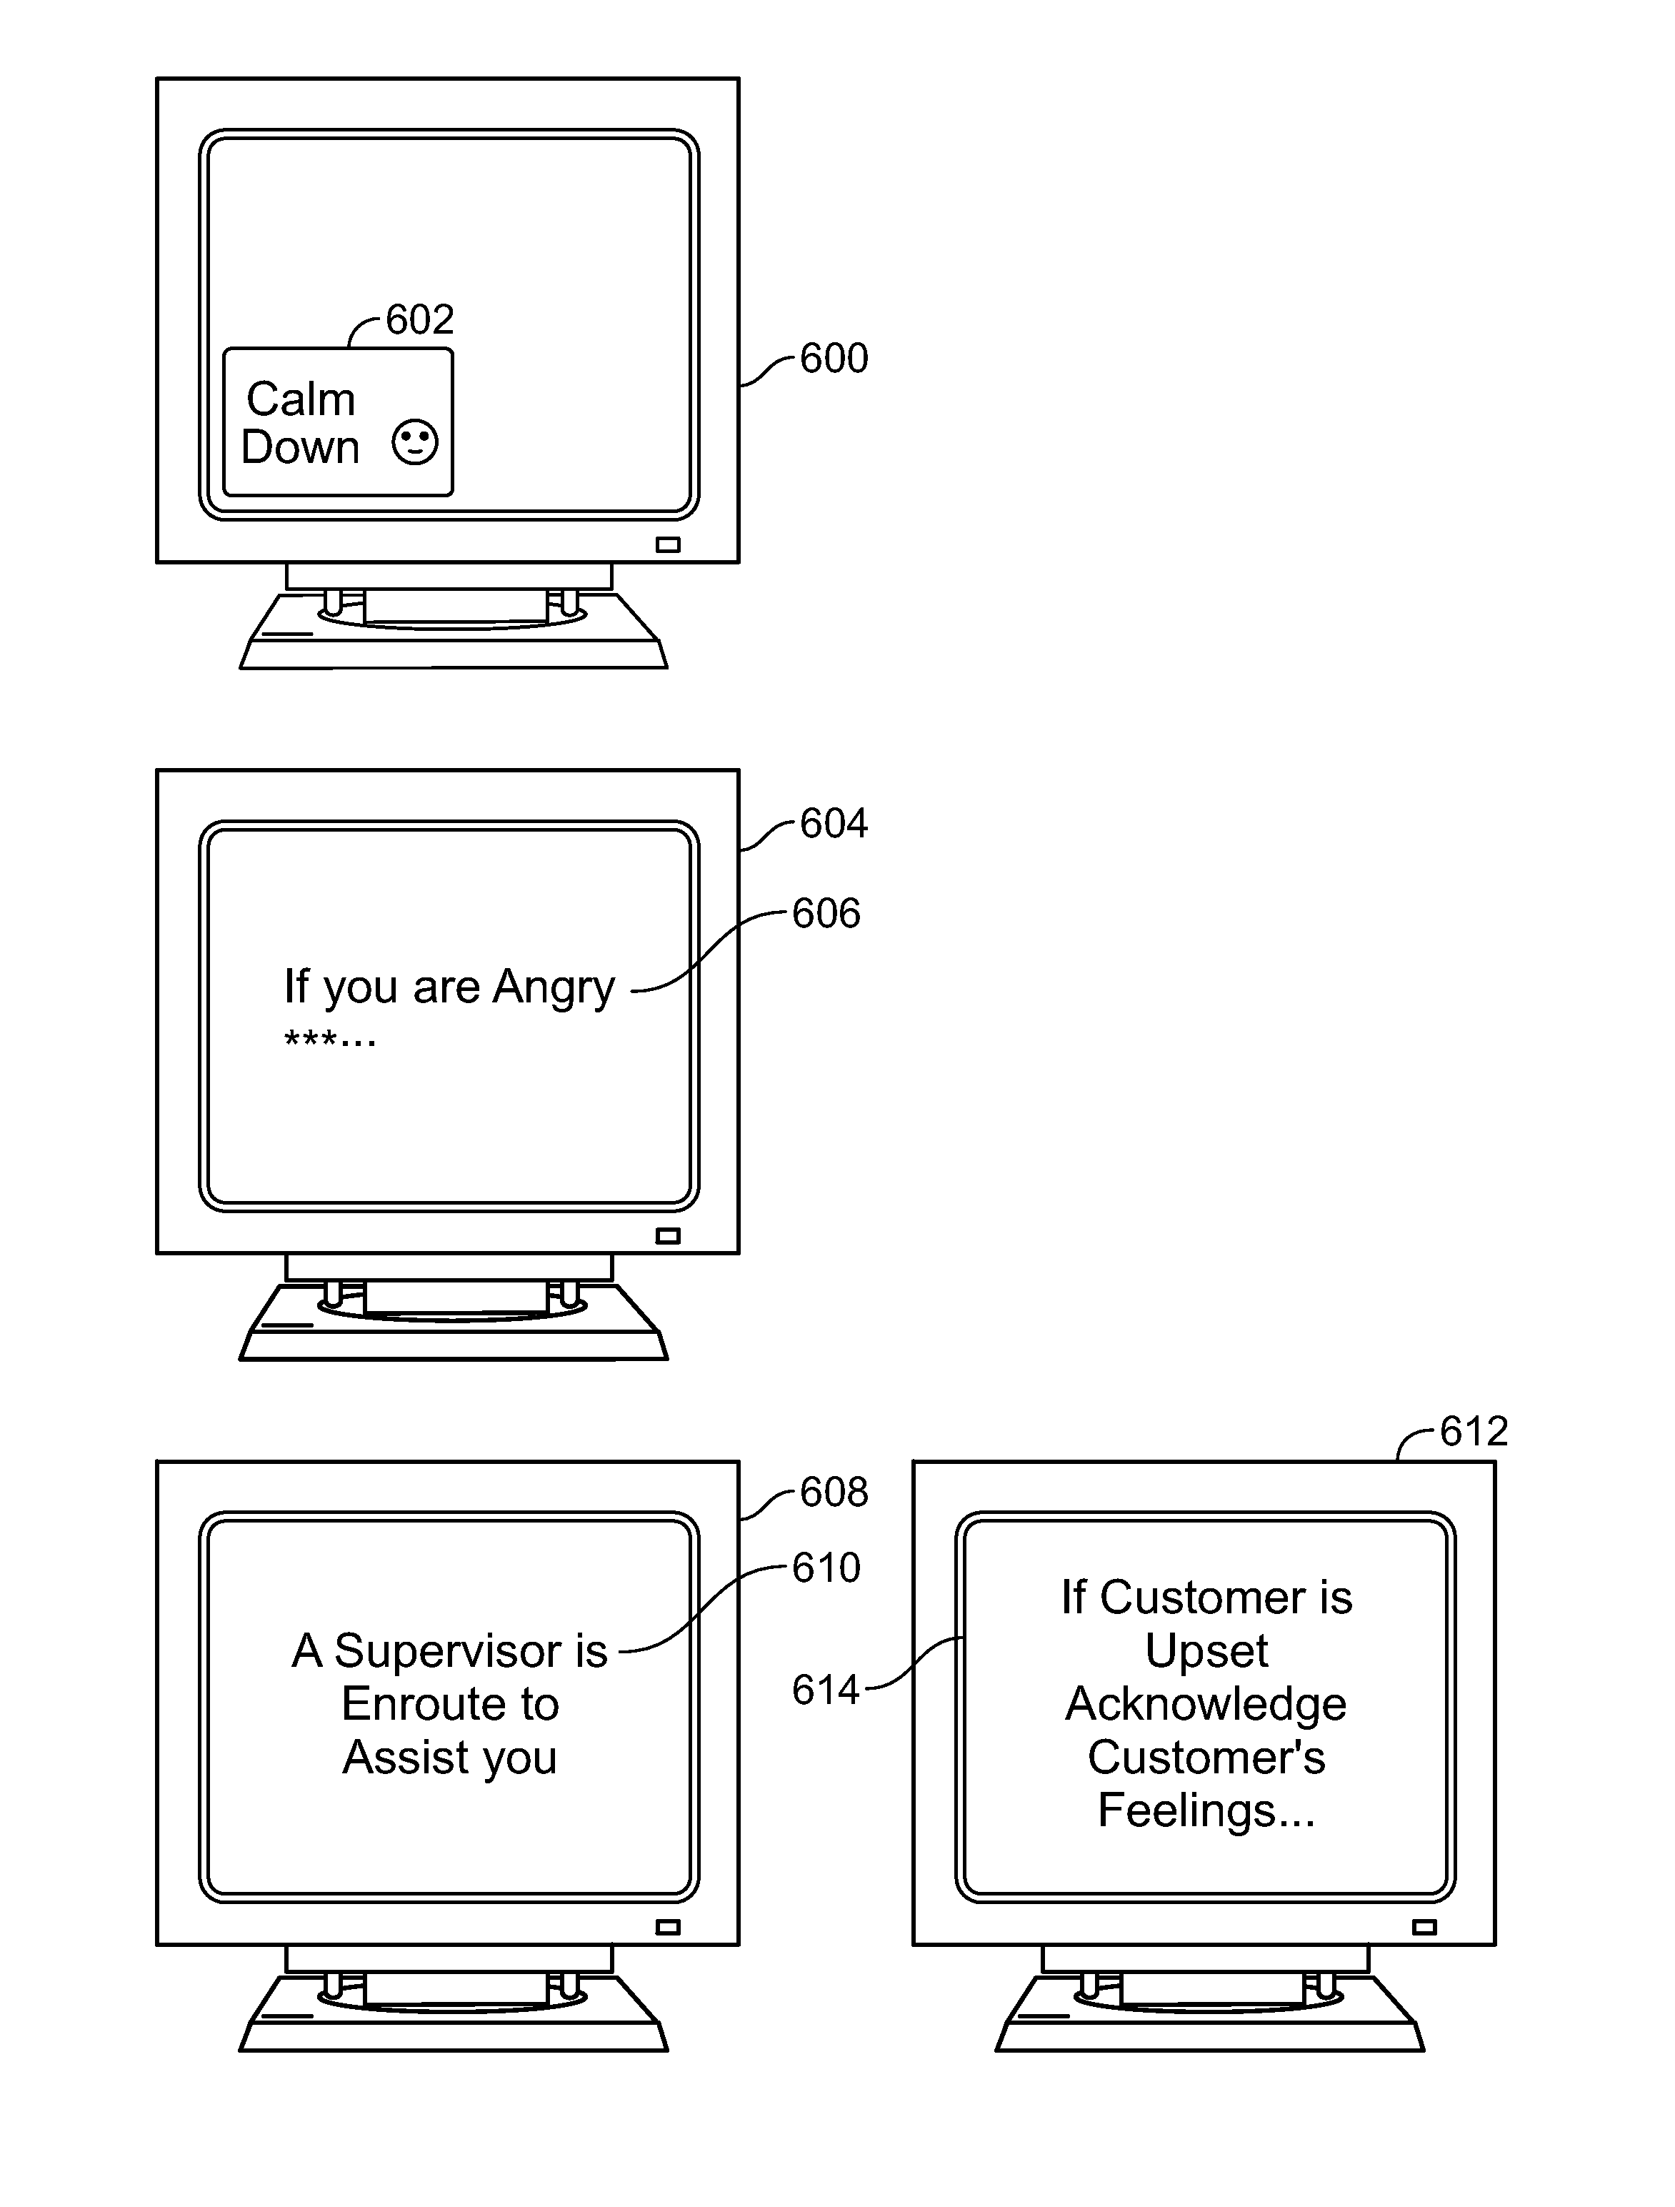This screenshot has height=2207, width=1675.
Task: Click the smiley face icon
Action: [x=414, y=443]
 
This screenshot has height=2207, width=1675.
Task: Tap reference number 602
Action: [x=419, y=319]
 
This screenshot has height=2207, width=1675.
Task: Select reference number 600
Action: [x=834, y=358]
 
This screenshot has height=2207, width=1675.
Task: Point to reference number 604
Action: [x=834, y=823]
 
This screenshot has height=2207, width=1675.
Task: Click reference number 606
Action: [x=826, y=913]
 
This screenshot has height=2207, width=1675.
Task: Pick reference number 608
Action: [x=834, y=1492]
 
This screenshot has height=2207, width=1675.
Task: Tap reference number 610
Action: [x=826, y=1568]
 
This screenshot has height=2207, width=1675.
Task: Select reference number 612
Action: [x=1474, y=1432]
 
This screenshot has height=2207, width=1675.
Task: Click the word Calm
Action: [x=300, y=399]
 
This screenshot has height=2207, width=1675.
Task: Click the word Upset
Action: [x=1206, y=1651]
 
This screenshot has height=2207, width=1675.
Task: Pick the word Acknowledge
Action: [x=1206, y=1704]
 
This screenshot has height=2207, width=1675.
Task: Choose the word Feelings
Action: [x=1186, y=1811]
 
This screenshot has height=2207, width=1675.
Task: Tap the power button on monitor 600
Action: [x=667, y=544]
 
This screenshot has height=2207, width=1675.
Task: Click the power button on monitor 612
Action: [x=1424, y=1927]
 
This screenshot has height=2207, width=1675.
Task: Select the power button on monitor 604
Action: [x=667, y=1236]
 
